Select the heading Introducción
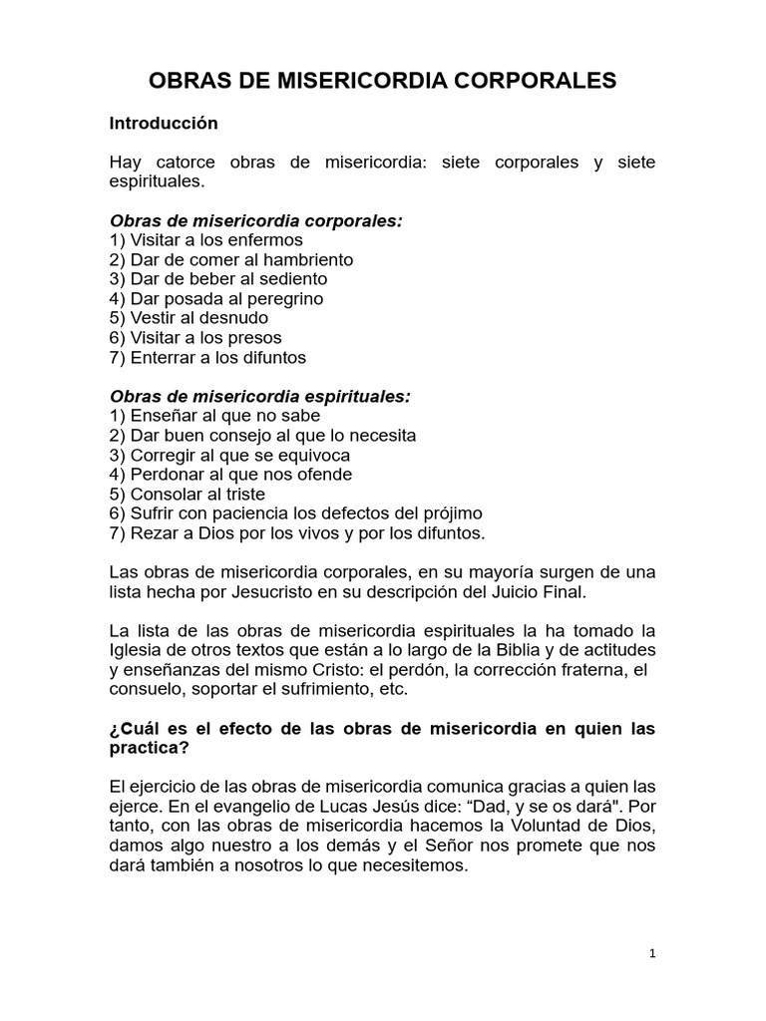tap(163, 124)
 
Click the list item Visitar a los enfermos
tap(205, 240)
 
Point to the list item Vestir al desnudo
tap(189, 318)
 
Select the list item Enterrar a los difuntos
tap(207, 357)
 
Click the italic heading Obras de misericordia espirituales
tap(259, 396)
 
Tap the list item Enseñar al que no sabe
tap(214, 416)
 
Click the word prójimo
tap(451, 513)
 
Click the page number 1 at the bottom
tap(652, 953)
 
